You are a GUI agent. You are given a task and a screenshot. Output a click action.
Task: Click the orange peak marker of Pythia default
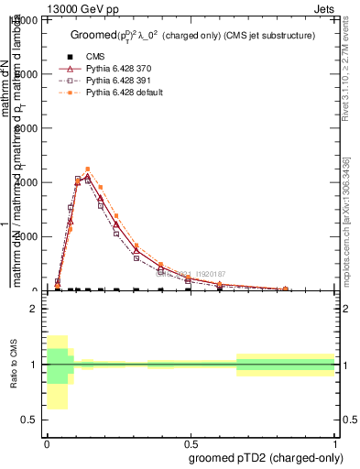coord(87,169)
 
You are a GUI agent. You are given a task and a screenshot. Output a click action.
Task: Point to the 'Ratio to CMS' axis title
coord(13,365)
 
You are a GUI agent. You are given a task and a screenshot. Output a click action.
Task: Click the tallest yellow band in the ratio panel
coord(57,372)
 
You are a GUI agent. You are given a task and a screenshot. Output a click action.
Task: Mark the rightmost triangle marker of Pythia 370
coord(286,289)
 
